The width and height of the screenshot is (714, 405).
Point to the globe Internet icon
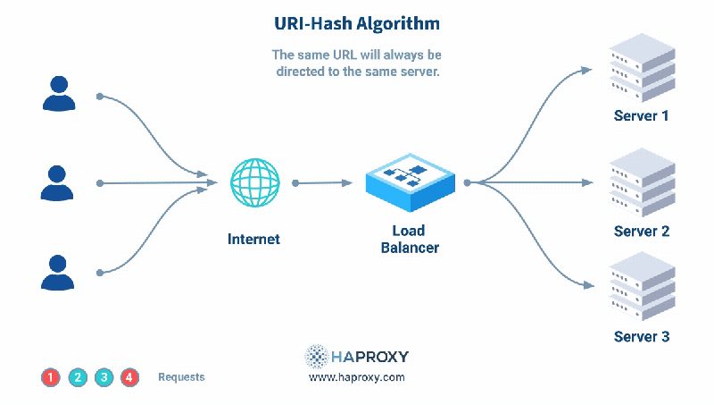pyautogui.click(x=254, y=183)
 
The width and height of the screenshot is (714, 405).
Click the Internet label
pyautogui.click(x=253, y=239)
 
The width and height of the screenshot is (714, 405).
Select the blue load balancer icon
pyautogui.click(x=411, y=178)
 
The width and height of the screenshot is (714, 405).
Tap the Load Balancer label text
pyautogui.click(x=410, y=239)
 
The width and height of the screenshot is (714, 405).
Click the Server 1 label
pyautogui.click(x=641, y=116)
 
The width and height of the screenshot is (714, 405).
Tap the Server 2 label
pyautogui.click(x=641, y=232)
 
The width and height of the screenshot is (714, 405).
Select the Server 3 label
pyautogui.click(x=641, y=337)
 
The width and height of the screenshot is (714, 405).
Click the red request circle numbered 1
pyautogui.click(x=51, y=377)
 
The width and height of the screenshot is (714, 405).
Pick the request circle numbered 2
pyautogui.click(x=78, y=377)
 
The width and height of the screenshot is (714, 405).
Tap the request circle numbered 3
pyautogui.click(x=104, y=377)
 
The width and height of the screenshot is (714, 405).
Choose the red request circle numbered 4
pyautogui.click(x=129, y=377)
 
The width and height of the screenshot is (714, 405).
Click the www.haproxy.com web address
pyautogui.click(x=356, y=377)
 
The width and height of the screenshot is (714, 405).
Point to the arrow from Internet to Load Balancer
pyautogui.click(x=323, y=183)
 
